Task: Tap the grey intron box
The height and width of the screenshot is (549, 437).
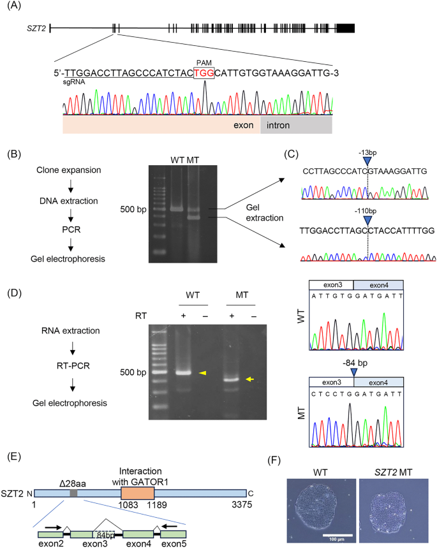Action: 296,125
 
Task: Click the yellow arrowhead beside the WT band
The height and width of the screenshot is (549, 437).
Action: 204,372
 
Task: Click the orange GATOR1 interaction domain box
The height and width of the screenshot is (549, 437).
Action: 137,494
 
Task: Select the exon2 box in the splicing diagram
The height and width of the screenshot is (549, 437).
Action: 50,533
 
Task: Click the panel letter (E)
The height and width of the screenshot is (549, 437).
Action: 11,457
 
